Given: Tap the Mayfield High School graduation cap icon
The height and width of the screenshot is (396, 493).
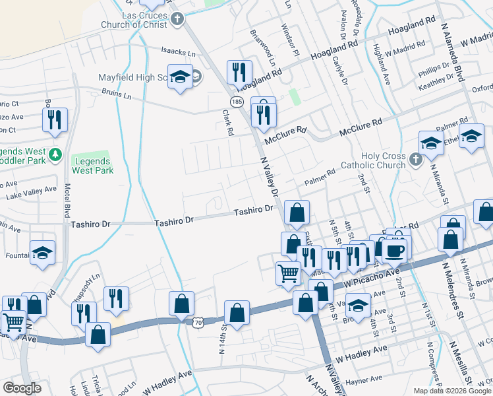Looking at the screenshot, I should pos(179,78).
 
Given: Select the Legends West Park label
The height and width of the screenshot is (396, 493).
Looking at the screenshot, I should pos(93,166).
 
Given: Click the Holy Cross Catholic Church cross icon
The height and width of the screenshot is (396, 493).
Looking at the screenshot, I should pos(415,159).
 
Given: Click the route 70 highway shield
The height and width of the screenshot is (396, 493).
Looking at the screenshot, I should pos(198,322).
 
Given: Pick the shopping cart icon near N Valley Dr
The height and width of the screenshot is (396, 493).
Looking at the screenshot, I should pos(288,273).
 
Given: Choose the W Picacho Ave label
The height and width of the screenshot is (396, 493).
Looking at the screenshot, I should pos(372,277).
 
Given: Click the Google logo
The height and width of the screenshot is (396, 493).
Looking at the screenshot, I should pos(22,388).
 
